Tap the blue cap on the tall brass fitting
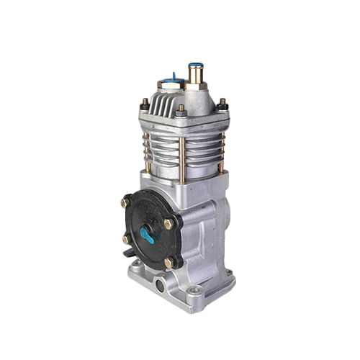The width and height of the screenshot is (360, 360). click(x=196, y=65)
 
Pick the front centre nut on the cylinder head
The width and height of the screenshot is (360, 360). click(x=181, y=112)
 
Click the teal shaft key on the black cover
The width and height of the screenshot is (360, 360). click(x=147, y=234)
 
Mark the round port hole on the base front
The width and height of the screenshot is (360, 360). click(x=159, y=287)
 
